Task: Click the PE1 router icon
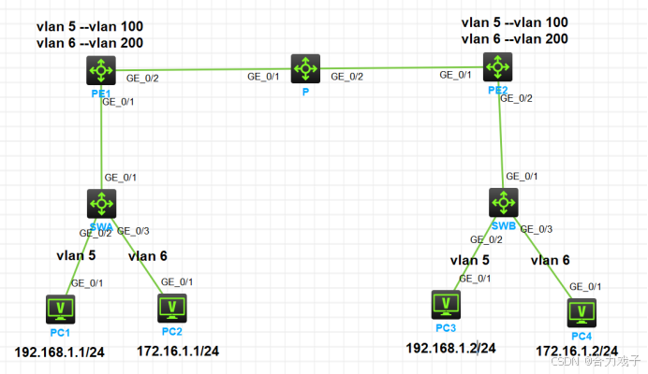[x=100, y=69]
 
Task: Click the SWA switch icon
[x=100, y=202]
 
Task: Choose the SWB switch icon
[x=504, y=201]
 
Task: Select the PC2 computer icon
[x=170, y=306]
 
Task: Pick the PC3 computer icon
[x=446, y=303]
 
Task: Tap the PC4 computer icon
[x=584, y=310]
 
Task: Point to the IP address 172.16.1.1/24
[x=178, y=352]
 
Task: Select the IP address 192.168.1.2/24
[x=450, y=348]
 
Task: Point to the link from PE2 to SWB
[x=501, y=136]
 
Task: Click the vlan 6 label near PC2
[x=148, y=255]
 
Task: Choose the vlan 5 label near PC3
[x=469, y=260]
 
